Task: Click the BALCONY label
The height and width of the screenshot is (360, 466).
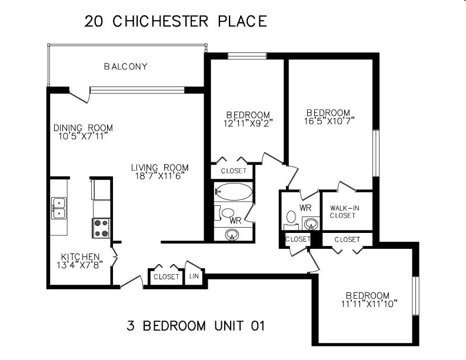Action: [126, 66]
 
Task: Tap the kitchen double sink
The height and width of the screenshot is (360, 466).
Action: [59, 208]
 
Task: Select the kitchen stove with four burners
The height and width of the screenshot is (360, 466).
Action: [101, 228]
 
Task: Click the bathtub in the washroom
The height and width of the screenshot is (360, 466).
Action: [234, 192]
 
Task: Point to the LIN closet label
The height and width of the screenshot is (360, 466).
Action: [194, 276]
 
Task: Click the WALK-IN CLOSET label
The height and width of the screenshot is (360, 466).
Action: [344, 212]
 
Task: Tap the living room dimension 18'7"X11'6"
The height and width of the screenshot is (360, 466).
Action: [161, 176]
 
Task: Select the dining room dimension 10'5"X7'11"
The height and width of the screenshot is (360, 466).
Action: [83, 136]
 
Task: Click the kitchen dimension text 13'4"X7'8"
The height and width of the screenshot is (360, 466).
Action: [79, 265]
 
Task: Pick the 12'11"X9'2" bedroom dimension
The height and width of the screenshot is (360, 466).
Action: [248, 123]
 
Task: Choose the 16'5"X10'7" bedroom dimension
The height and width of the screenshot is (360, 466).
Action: [329, 121]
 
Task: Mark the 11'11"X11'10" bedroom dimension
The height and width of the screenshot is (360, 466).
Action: [370, 304]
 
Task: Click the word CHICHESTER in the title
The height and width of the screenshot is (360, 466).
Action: [161, 21]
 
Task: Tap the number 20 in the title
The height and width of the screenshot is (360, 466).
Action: [94, 21]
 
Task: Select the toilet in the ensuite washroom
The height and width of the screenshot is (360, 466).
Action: [291, 220]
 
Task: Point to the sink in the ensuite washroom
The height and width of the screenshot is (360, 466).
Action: [311, 223]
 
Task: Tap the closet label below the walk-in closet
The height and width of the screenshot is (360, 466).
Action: [347, 239]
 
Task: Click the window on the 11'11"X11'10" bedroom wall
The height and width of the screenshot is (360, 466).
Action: [415, 295]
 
